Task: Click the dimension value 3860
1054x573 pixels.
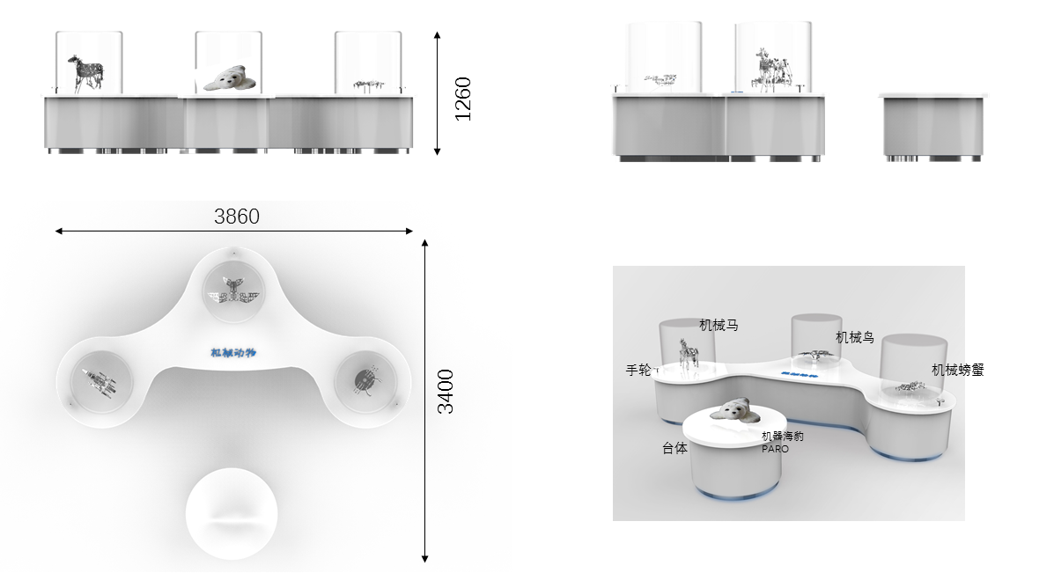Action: pyautogui.click(x=237, y=217)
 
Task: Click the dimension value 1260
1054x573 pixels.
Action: pyautogui.click(x=463, y=99)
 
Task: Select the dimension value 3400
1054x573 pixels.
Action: pyautogui.click(x=446, y=392)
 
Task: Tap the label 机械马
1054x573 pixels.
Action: pyautogui.click(x=719, y=326)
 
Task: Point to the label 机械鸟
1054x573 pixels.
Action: pyautogui.click(x=854, y=337)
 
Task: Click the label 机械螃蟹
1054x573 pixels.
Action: pyautogui.click(x=957, y=370)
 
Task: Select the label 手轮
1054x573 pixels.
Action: pyautogui.click(x=638, y=371)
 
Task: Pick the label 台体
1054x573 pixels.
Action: pyautogui.click(x=674, y=448)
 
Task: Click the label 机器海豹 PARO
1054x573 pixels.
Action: pyautogui.click(x=782, y=442)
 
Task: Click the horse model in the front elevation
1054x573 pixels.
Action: pyautogui.click(x=85, y=73)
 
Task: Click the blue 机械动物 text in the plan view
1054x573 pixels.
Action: pyautogui.click(x=232, y=353)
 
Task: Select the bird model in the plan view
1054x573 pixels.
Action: pyautogui.click(x=232, y=288)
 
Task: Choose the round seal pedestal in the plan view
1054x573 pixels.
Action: pyautogui.click(x=232, y=515)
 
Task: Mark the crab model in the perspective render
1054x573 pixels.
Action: pyautogui.click(x=910, y=386)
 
